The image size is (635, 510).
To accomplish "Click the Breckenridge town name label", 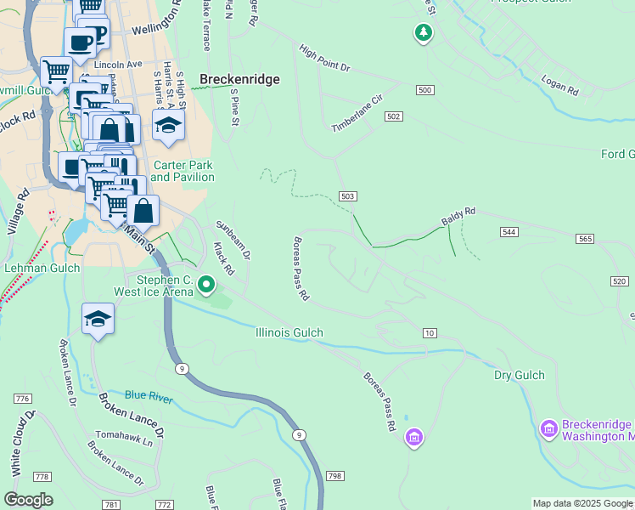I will point(239,79).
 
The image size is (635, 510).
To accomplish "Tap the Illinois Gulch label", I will point(289,333).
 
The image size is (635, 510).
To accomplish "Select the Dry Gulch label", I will point(519,375).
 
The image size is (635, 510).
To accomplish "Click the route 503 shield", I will point(347,196).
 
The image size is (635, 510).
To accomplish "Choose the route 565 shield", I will point(584,239).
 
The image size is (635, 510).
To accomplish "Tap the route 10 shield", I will point(430,332).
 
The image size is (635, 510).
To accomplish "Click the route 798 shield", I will point(334,475).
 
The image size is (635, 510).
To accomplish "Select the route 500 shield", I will point(425,90).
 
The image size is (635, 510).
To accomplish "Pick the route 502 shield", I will point(393,116).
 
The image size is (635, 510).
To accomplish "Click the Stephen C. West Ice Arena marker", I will point(206,284).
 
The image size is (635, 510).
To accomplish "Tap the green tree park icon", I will point(423,33).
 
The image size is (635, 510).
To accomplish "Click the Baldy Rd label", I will point(458,217).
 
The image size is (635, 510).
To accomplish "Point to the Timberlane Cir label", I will point(357,113).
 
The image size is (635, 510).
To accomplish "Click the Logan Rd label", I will point(560,85).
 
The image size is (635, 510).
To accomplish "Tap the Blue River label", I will point(149,396).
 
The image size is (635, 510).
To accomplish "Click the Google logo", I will point(28,500).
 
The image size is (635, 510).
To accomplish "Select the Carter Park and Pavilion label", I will point(183,171).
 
